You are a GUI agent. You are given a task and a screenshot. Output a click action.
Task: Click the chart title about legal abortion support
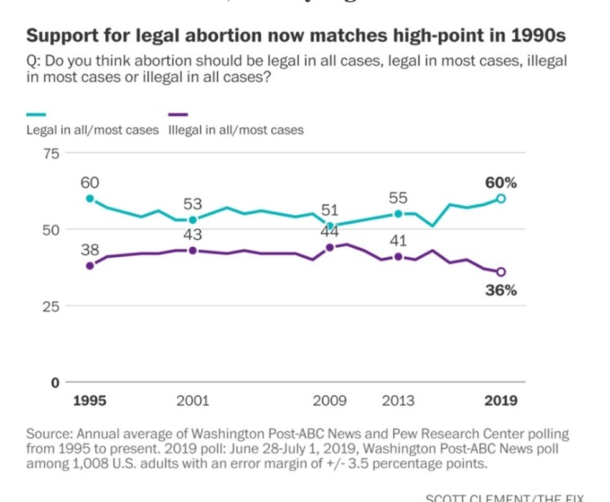(296, 36)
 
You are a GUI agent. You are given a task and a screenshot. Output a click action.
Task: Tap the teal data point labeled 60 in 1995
(90, 199)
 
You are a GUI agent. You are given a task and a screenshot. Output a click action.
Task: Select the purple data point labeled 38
(90, 265)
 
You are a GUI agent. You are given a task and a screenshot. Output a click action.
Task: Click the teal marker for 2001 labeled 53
(193, 219)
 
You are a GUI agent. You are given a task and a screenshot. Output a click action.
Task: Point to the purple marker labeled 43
(193, 250)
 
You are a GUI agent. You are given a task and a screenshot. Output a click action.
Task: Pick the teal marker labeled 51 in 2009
(330, 225)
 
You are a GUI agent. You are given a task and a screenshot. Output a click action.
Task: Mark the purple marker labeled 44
(330, 247)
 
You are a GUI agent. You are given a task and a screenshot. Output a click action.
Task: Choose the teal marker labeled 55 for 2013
(398, 214)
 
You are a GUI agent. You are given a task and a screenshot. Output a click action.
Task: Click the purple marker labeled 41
(398, 256)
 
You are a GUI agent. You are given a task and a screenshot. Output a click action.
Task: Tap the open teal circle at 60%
(501, 199)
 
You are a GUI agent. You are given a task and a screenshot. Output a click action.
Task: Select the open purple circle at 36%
(501, 272)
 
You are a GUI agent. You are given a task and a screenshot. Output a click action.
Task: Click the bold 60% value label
(501, 183)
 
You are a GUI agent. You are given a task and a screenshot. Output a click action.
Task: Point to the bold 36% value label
(501, 290)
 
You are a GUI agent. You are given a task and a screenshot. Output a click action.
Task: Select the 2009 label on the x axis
(330, 400)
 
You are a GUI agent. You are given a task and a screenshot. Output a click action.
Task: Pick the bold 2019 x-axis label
(501, 400)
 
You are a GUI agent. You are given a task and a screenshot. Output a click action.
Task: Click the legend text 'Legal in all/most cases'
(92, 130)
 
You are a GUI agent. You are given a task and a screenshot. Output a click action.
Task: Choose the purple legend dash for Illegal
(178, 115)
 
